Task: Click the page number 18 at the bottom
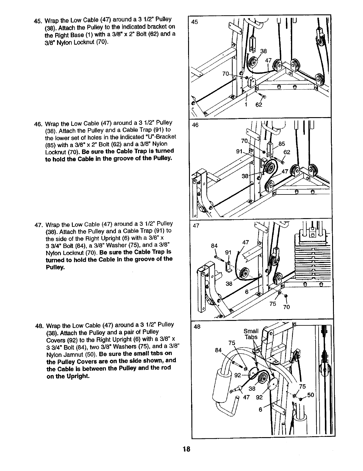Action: [186, 449]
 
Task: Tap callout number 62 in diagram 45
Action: [259, 105]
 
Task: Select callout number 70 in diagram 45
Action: [225, 74]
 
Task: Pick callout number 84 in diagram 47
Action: [214, 246]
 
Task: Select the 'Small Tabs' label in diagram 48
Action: [251, 334]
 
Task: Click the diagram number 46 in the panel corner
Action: [195, 125]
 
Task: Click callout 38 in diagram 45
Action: [263, 51]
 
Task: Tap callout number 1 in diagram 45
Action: [246, 105]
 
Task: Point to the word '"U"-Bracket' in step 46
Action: [161, 137]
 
